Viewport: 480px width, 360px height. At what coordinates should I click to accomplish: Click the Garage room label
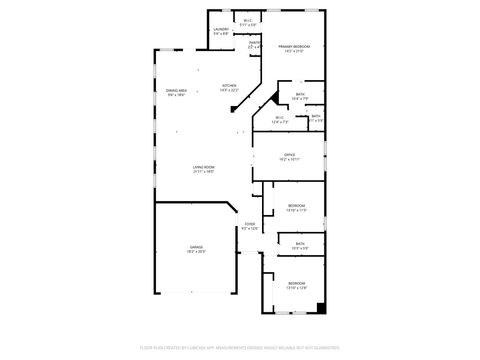196,246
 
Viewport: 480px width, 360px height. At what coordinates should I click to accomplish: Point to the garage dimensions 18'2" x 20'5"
196,251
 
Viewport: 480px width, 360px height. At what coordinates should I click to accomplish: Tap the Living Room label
204,166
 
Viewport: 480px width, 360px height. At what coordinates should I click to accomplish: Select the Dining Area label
176,91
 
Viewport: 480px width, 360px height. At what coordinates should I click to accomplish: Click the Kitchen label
229,86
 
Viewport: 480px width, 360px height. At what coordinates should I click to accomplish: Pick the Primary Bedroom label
293,46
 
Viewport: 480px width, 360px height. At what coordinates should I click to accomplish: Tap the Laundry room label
221,29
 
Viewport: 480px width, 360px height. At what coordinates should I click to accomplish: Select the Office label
289,154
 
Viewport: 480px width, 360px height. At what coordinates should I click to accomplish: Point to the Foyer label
249,224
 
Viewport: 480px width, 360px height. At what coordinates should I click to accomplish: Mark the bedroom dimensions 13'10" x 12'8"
296,288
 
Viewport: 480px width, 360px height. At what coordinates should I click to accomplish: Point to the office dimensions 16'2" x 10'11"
289,159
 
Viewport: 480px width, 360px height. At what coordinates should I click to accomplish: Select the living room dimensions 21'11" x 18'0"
204,171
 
